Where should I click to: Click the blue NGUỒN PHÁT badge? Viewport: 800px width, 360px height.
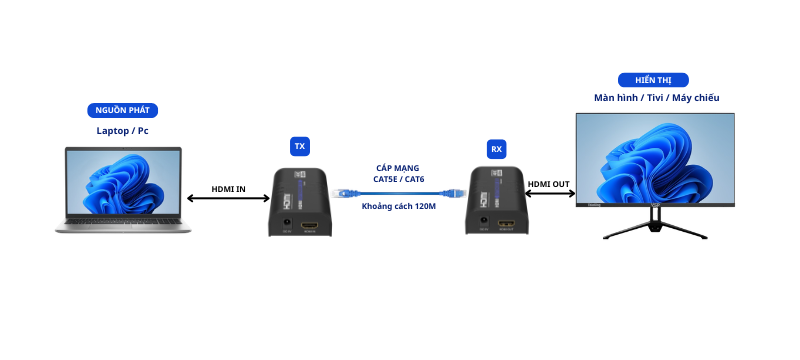coord(122,110)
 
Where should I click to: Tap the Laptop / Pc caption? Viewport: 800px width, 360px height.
coord(122,131)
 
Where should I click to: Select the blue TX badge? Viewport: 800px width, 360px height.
coord(300,146)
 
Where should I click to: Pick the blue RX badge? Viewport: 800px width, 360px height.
coord(496,149)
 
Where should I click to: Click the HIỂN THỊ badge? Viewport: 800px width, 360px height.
coord(653,80)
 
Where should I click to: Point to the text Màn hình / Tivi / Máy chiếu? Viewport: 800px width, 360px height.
coord(657,97)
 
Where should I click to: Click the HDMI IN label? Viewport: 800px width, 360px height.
coord(229,189)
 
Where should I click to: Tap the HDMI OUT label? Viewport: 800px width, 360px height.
coord(548,184)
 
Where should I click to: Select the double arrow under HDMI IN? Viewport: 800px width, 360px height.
coord(228,198)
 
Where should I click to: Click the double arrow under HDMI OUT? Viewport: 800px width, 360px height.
coord(549,193)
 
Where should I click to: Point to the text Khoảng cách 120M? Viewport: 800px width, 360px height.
coord(399,207)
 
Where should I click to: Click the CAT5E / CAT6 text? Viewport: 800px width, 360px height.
coord(399,179)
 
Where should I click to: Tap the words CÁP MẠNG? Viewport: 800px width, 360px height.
coord(398,168)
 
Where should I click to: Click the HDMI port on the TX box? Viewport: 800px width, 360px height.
coord(309,224)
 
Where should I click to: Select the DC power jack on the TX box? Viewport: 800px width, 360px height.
coord(287,223)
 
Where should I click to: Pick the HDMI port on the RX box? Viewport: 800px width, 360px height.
coord(506,224)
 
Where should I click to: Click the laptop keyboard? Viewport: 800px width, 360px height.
coord(122,221)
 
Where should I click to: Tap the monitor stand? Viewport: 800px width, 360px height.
coord(655,223)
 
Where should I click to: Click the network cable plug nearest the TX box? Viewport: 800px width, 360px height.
coord(343,193)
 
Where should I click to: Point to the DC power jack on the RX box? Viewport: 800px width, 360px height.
coord(483,222)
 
